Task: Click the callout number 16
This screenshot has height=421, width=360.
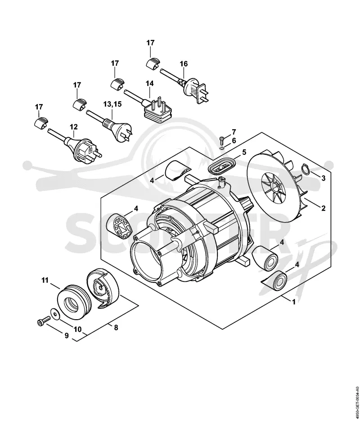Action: click(x=184, y=64)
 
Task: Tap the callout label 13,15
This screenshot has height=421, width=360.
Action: click(x=112, y=104)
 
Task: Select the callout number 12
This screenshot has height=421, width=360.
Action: click(x=74, y=127)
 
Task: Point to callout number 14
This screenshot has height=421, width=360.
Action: click(x=150, y=83)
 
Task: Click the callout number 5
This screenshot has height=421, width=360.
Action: click(x=244, y=153)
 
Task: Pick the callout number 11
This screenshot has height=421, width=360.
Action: click(x=45, y=281)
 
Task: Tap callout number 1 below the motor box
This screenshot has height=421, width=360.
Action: click(x=294, y=302)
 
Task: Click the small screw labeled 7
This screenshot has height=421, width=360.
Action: click(x=221, y=139)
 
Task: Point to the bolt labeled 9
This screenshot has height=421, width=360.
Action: click(x=43, y=321)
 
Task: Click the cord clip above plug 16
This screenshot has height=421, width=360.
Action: click(x=153, y=63)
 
